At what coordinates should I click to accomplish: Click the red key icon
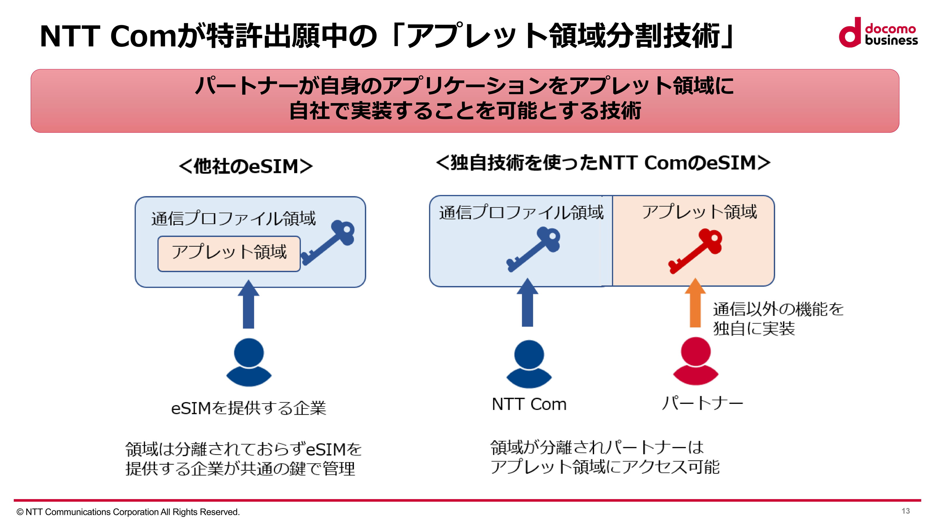click(695, 251)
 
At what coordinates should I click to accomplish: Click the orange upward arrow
click(695, 303)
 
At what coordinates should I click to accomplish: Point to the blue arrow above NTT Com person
click(527, 303)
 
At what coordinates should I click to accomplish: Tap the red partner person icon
click(695, 361)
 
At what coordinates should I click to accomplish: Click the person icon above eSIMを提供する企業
click(249, 362)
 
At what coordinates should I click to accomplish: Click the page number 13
click(905, 511)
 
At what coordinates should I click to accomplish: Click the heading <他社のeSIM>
click(246, 167)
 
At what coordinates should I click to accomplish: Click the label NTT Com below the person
click(529, 404)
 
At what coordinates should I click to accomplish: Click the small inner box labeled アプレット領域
click(229, 253)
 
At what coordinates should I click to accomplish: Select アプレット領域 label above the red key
click(699, 212)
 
